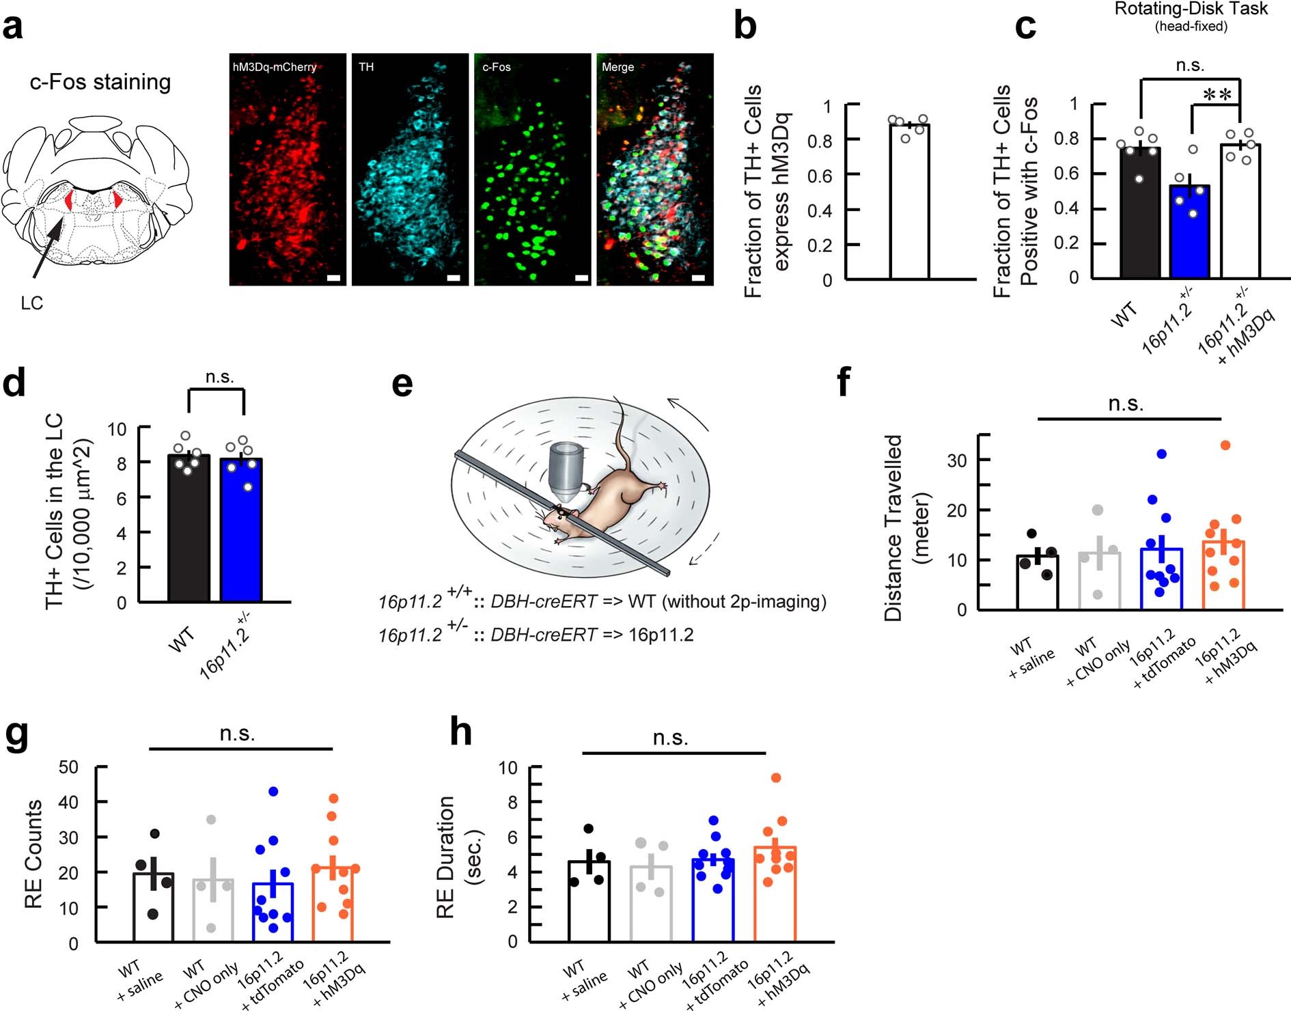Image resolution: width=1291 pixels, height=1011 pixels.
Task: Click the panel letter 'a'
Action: pyautogui.click(x=14, y=27)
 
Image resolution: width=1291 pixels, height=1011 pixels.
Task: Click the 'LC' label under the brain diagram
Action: pyautogui.click(x=31, y=303)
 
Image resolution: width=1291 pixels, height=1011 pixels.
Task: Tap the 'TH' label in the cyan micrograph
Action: pyautogui.click(x=366, y=67)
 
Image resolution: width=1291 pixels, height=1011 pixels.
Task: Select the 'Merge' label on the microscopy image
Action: pyautogui.click(x=617, y=67)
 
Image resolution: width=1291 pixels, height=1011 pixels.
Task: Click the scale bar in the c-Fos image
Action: pyautogui.click(x=581, y=278)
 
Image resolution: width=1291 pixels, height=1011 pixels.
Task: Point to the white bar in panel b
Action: pyautogui.click(x=909, y=205)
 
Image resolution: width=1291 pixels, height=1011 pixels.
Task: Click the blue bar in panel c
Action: pyautogui.click(x=1190, y=232)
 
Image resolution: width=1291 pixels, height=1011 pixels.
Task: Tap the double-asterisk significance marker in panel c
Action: pyautogui.click(x=1217, y=96)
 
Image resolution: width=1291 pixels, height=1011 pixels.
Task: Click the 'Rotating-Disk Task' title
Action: pyautogui.click(x=1191, y=9)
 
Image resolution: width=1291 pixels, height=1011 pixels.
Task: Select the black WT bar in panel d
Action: pyautogui.click(x=189, y=533)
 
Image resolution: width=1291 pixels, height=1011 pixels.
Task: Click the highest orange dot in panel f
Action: pyautogui.click(x=1225, y=445)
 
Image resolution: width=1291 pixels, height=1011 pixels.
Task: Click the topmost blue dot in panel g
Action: pyautogui.click(x=273, y=792)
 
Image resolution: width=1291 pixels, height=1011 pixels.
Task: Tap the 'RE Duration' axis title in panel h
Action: pyautogui.click(x=445, y=857)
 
